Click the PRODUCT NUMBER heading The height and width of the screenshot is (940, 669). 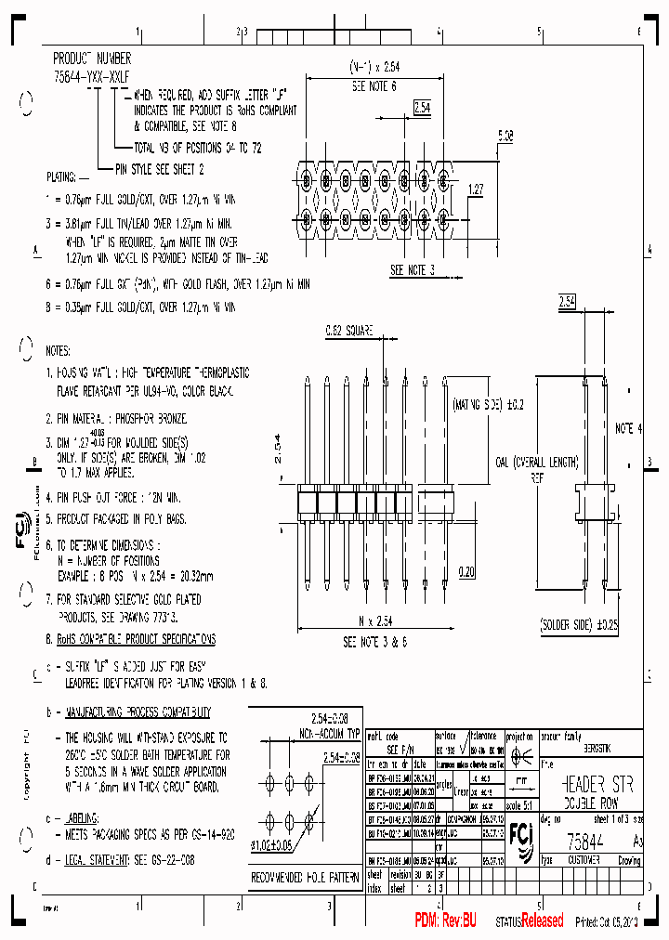point(92,58)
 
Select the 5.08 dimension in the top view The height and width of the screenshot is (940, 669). point(505,136)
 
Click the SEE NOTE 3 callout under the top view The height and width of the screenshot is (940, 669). point(413,270)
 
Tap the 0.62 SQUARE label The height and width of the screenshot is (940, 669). point(349,330)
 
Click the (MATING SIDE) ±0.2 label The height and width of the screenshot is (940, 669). point(488,405)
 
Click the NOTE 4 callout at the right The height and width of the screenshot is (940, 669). point(629,428)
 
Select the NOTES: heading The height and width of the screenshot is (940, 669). point(58,351)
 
